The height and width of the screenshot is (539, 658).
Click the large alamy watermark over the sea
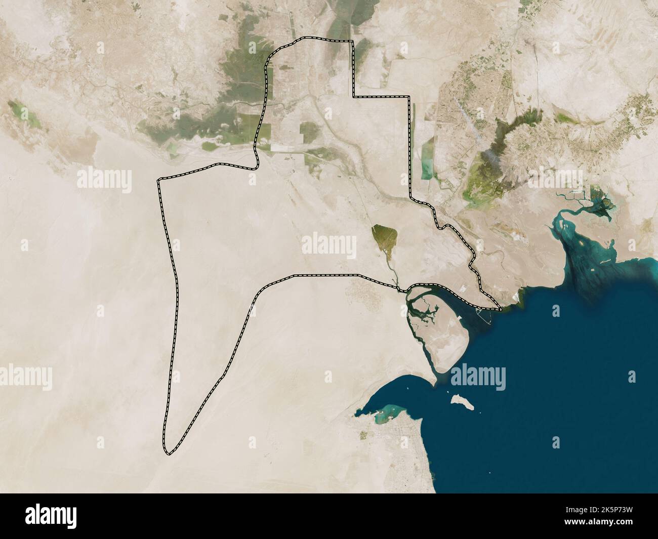(478, 377)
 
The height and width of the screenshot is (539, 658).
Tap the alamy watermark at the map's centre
(329, 245)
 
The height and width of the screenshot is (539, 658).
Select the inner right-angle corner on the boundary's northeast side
(353, 96)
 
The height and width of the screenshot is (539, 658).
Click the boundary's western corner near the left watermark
(159, 180)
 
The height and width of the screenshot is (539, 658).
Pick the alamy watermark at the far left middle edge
(25, 377)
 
